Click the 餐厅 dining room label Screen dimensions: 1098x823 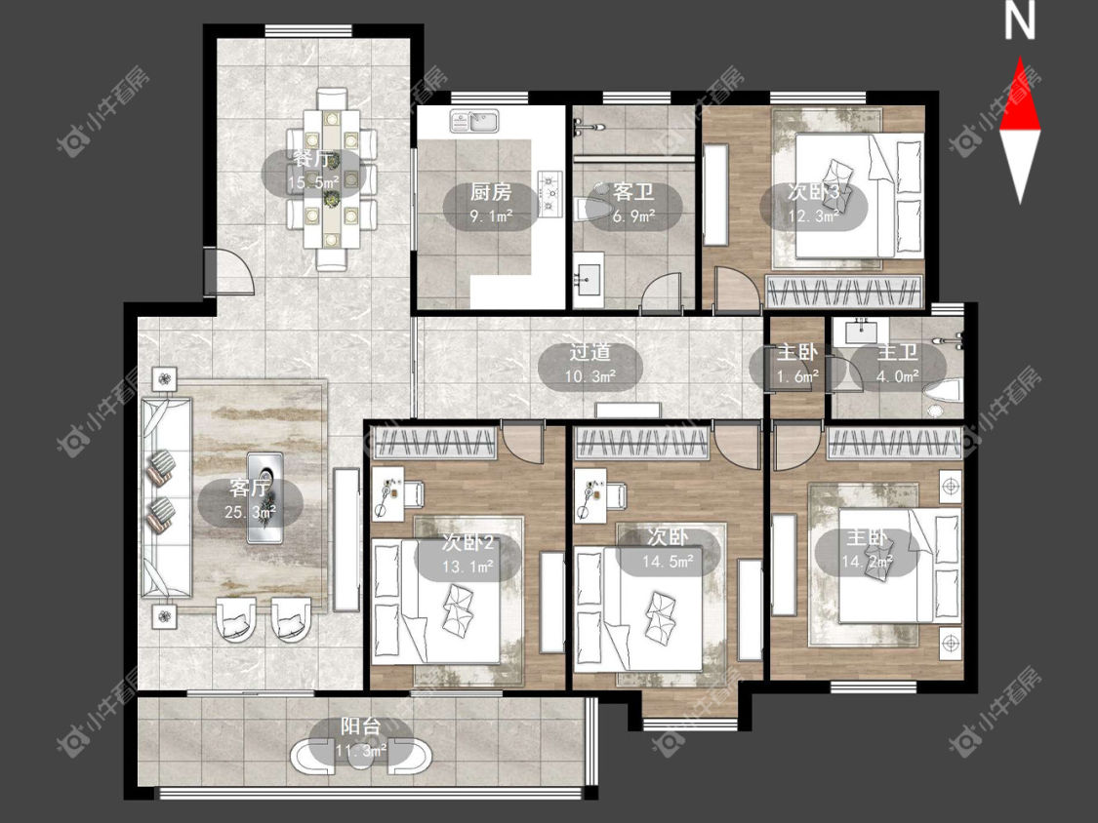[312, 159]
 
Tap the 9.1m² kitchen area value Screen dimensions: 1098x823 [491, 216]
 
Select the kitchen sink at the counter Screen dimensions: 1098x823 [474, 122]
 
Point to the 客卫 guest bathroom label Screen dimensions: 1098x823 [633, 192]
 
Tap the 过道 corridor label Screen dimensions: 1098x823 [590, 352]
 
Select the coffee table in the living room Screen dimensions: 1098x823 [264, 497]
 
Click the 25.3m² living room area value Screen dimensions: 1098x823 [250, 512]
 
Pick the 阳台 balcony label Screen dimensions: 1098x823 [360, 726]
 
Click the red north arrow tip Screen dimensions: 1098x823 [1020, 59]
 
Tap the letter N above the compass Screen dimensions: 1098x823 [1020, 21]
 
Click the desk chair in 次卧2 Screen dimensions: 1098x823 [414, 492]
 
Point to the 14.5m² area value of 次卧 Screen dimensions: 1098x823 [668, 562]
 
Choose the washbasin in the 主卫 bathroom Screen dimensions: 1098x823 [861, 331]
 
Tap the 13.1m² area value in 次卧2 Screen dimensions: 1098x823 [468, 567]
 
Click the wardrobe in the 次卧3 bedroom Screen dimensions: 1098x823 [843, 292]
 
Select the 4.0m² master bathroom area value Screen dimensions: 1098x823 [898, 376]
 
